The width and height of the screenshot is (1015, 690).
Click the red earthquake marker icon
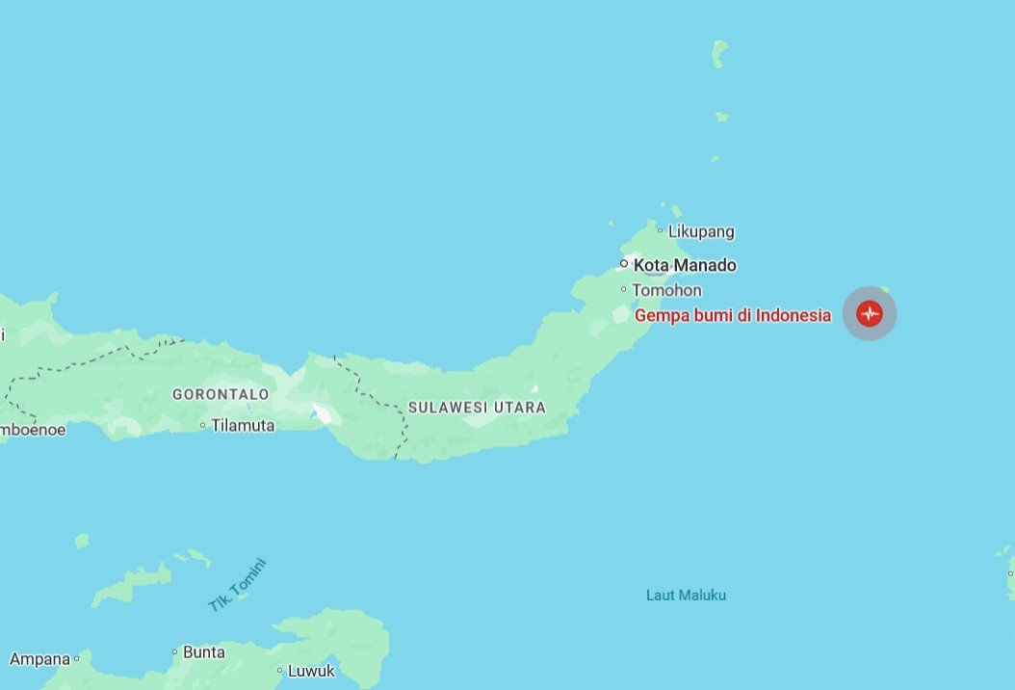870,313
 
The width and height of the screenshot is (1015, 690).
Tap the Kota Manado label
685,265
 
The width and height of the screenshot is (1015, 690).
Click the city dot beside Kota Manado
624,263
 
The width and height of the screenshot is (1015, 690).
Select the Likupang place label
701,231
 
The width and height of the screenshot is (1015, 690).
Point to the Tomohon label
666,290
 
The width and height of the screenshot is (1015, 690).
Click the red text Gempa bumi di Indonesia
732,315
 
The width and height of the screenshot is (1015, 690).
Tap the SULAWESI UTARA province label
477,408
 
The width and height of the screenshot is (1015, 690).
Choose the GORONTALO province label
221,394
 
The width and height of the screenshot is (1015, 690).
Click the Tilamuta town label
243,425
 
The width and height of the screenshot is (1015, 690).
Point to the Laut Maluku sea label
686,596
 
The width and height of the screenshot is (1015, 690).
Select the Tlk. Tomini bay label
236,585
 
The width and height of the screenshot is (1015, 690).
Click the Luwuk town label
312,671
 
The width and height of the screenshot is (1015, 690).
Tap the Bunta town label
204,652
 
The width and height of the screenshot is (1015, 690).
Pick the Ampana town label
39,660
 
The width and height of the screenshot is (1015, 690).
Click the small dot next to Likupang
661,230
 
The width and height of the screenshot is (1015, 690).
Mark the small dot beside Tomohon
624,289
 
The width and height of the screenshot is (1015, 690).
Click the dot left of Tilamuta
203,425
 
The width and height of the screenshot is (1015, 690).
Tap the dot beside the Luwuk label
280,671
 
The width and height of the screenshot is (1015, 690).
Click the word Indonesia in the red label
794,315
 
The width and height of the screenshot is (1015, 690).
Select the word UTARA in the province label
520,408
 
